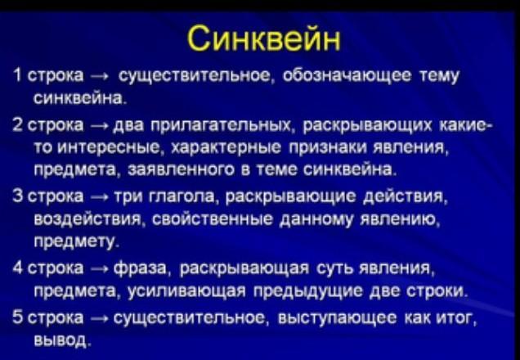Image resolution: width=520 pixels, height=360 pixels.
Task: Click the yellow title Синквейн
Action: click(264, 39)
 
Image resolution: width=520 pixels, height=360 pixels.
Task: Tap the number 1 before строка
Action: click(18, 76)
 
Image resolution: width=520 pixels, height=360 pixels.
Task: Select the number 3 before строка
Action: click(17, 196)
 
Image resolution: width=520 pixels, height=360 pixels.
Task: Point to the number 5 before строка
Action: click(17, 317)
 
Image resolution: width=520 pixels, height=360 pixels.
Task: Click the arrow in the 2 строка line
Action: click(100, 127)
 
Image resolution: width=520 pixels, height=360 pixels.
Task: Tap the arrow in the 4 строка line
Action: click(100, 268)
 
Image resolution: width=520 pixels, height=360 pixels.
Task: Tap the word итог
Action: click(456, 317)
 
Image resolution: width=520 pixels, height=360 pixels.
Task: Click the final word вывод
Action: click(61, 340)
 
